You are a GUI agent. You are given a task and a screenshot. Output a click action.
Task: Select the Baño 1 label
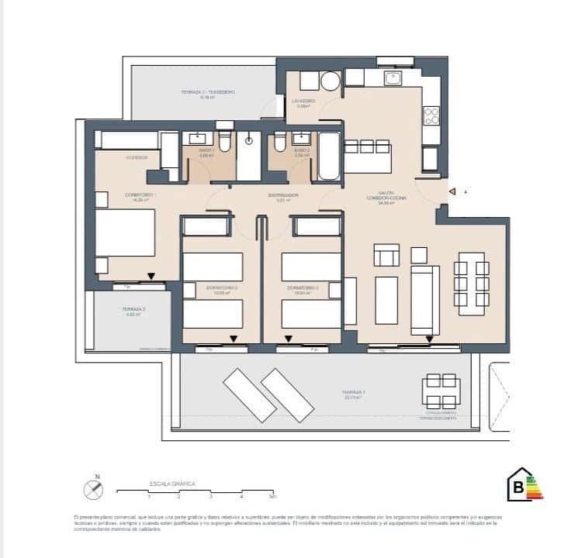tap(206, 152)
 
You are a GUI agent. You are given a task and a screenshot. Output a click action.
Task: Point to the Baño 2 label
tap(302, 152)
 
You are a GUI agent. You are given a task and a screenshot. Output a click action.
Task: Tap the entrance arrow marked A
tap(452, 191)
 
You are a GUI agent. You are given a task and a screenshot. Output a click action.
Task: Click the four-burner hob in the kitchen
tap(431, 116)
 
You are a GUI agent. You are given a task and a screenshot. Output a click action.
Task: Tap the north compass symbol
tap(93, 489)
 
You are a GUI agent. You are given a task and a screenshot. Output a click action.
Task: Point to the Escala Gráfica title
tap(172, 483)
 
